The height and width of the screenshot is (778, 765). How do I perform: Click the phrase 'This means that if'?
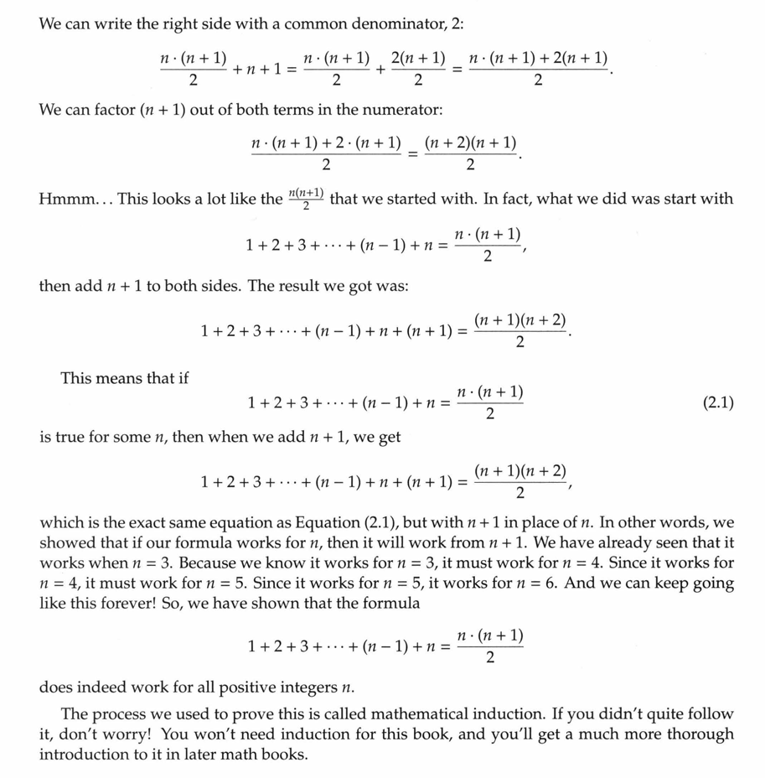(x=124, y=378)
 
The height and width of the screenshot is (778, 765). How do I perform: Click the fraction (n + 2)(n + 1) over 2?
(x=470, y=153)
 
